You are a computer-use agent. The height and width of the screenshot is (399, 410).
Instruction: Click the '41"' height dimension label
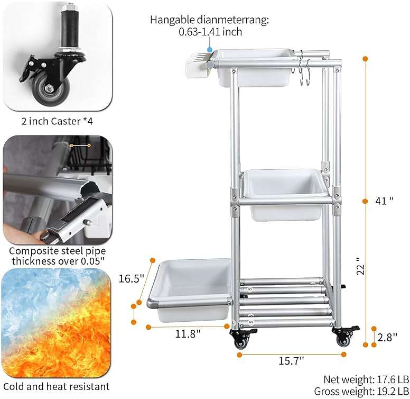point(384,201)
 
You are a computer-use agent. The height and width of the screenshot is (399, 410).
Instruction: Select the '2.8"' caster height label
point(388,337)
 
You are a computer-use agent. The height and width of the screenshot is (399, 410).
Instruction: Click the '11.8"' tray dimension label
point(188,334)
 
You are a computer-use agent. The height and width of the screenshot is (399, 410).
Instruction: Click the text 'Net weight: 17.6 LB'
point(366,379)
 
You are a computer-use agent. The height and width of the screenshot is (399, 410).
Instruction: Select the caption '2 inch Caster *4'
point(58,121)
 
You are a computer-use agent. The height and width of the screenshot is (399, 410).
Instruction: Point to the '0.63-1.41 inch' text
point(210,32)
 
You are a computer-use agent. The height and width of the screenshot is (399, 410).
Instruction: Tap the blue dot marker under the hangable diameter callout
point(210,49)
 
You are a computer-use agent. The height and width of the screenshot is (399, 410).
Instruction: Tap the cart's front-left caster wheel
point(241,341)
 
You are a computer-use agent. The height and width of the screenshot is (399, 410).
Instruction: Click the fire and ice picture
point(58,322)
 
